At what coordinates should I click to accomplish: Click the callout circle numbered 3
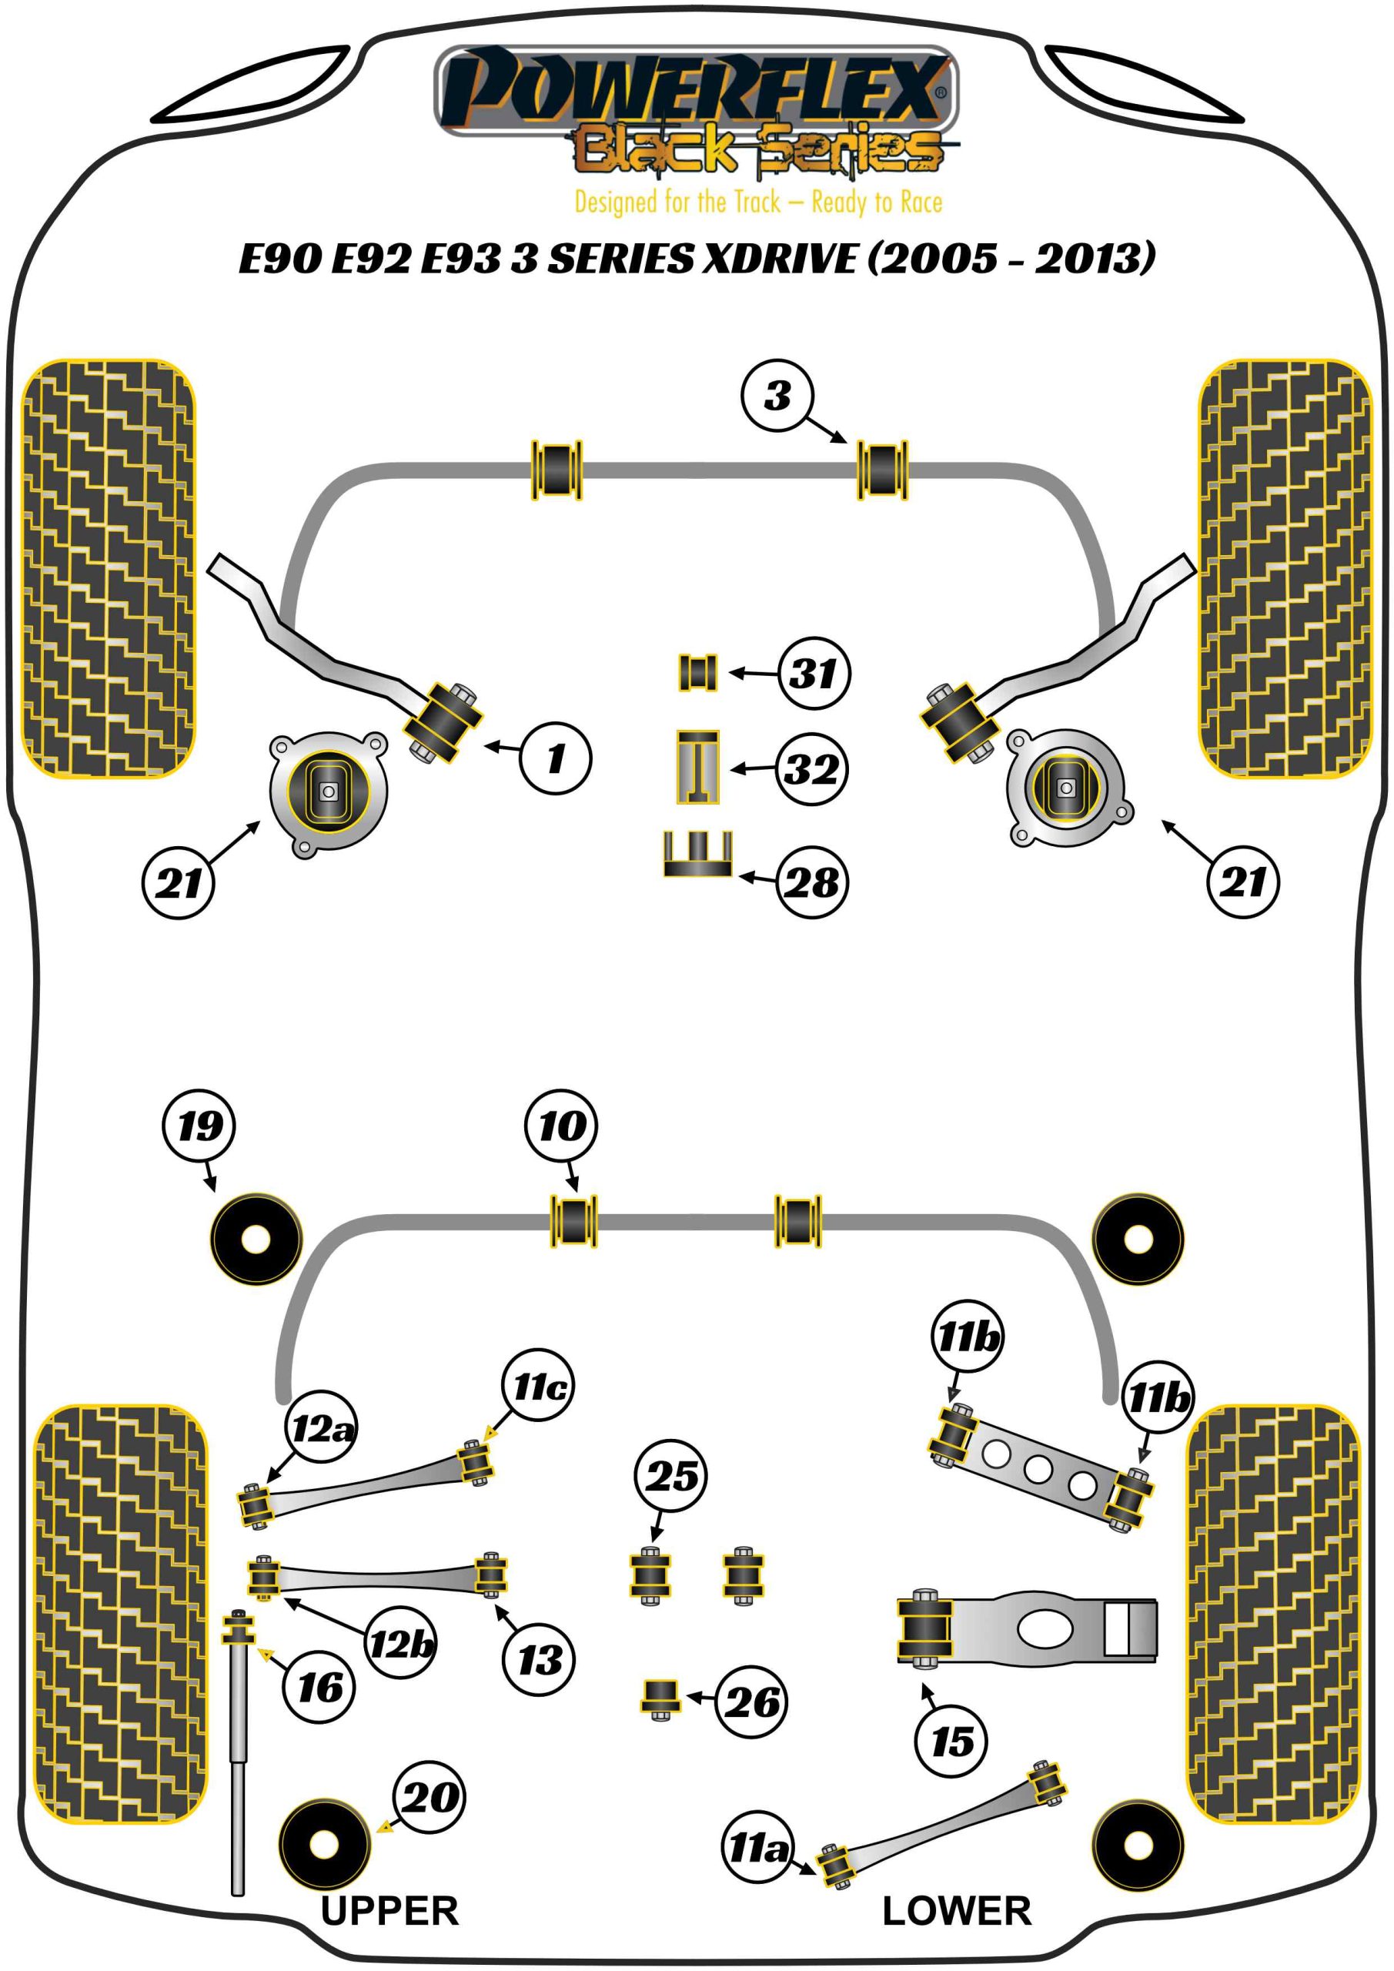point(777,396)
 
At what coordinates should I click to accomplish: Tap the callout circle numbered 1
point(556,757)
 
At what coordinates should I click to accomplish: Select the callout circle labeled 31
point(814,673)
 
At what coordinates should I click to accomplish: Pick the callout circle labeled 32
point(812,768)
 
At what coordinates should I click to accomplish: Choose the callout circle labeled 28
point(812,882)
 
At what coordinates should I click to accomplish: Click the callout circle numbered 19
point(199,1126)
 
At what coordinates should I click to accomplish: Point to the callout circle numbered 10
point(561,1126)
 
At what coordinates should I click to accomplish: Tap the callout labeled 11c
point(538,1386)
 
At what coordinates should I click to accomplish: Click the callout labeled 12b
point(401,1644)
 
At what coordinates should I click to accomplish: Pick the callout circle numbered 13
point(540,1659)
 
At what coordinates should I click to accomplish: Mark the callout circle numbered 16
point(319,1688)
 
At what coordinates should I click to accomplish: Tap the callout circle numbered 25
point(670,1476)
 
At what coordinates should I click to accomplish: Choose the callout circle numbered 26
point(751,1702)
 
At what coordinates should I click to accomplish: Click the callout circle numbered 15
point(952,1742)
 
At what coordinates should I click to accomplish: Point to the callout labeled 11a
point(758,1847)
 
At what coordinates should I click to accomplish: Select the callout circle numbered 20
point(430,1797)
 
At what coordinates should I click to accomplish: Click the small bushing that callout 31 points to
point(698,672)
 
